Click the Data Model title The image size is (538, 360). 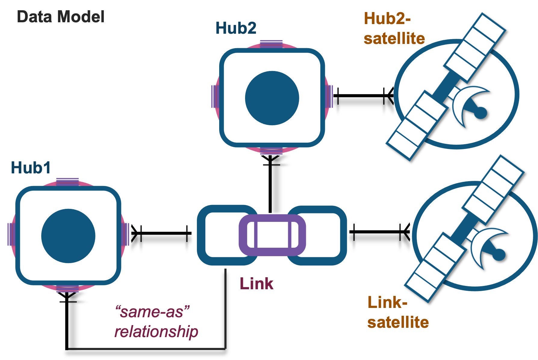point(61,17)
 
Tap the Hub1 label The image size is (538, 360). point(31,168)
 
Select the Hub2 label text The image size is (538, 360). point(236,28)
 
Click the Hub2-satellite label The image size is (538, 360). point(394,29)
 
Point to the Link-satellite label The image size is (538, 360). point(398,312)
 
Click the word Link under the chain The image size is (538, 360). point(257,284)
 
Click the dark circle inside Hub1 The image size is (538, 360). point(68,236)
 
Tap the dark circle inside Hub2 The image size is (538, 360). point(272,98)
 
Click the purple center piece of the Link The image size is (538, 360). point(272,235)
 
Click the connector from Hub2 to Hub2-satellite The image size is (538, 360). point(361,96)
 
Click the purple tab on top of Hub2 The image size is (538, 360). point(271,44)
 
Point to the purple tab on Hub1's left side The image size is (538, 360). point(11,234)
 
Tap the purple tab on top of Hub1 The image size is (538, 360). point(68,182)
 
